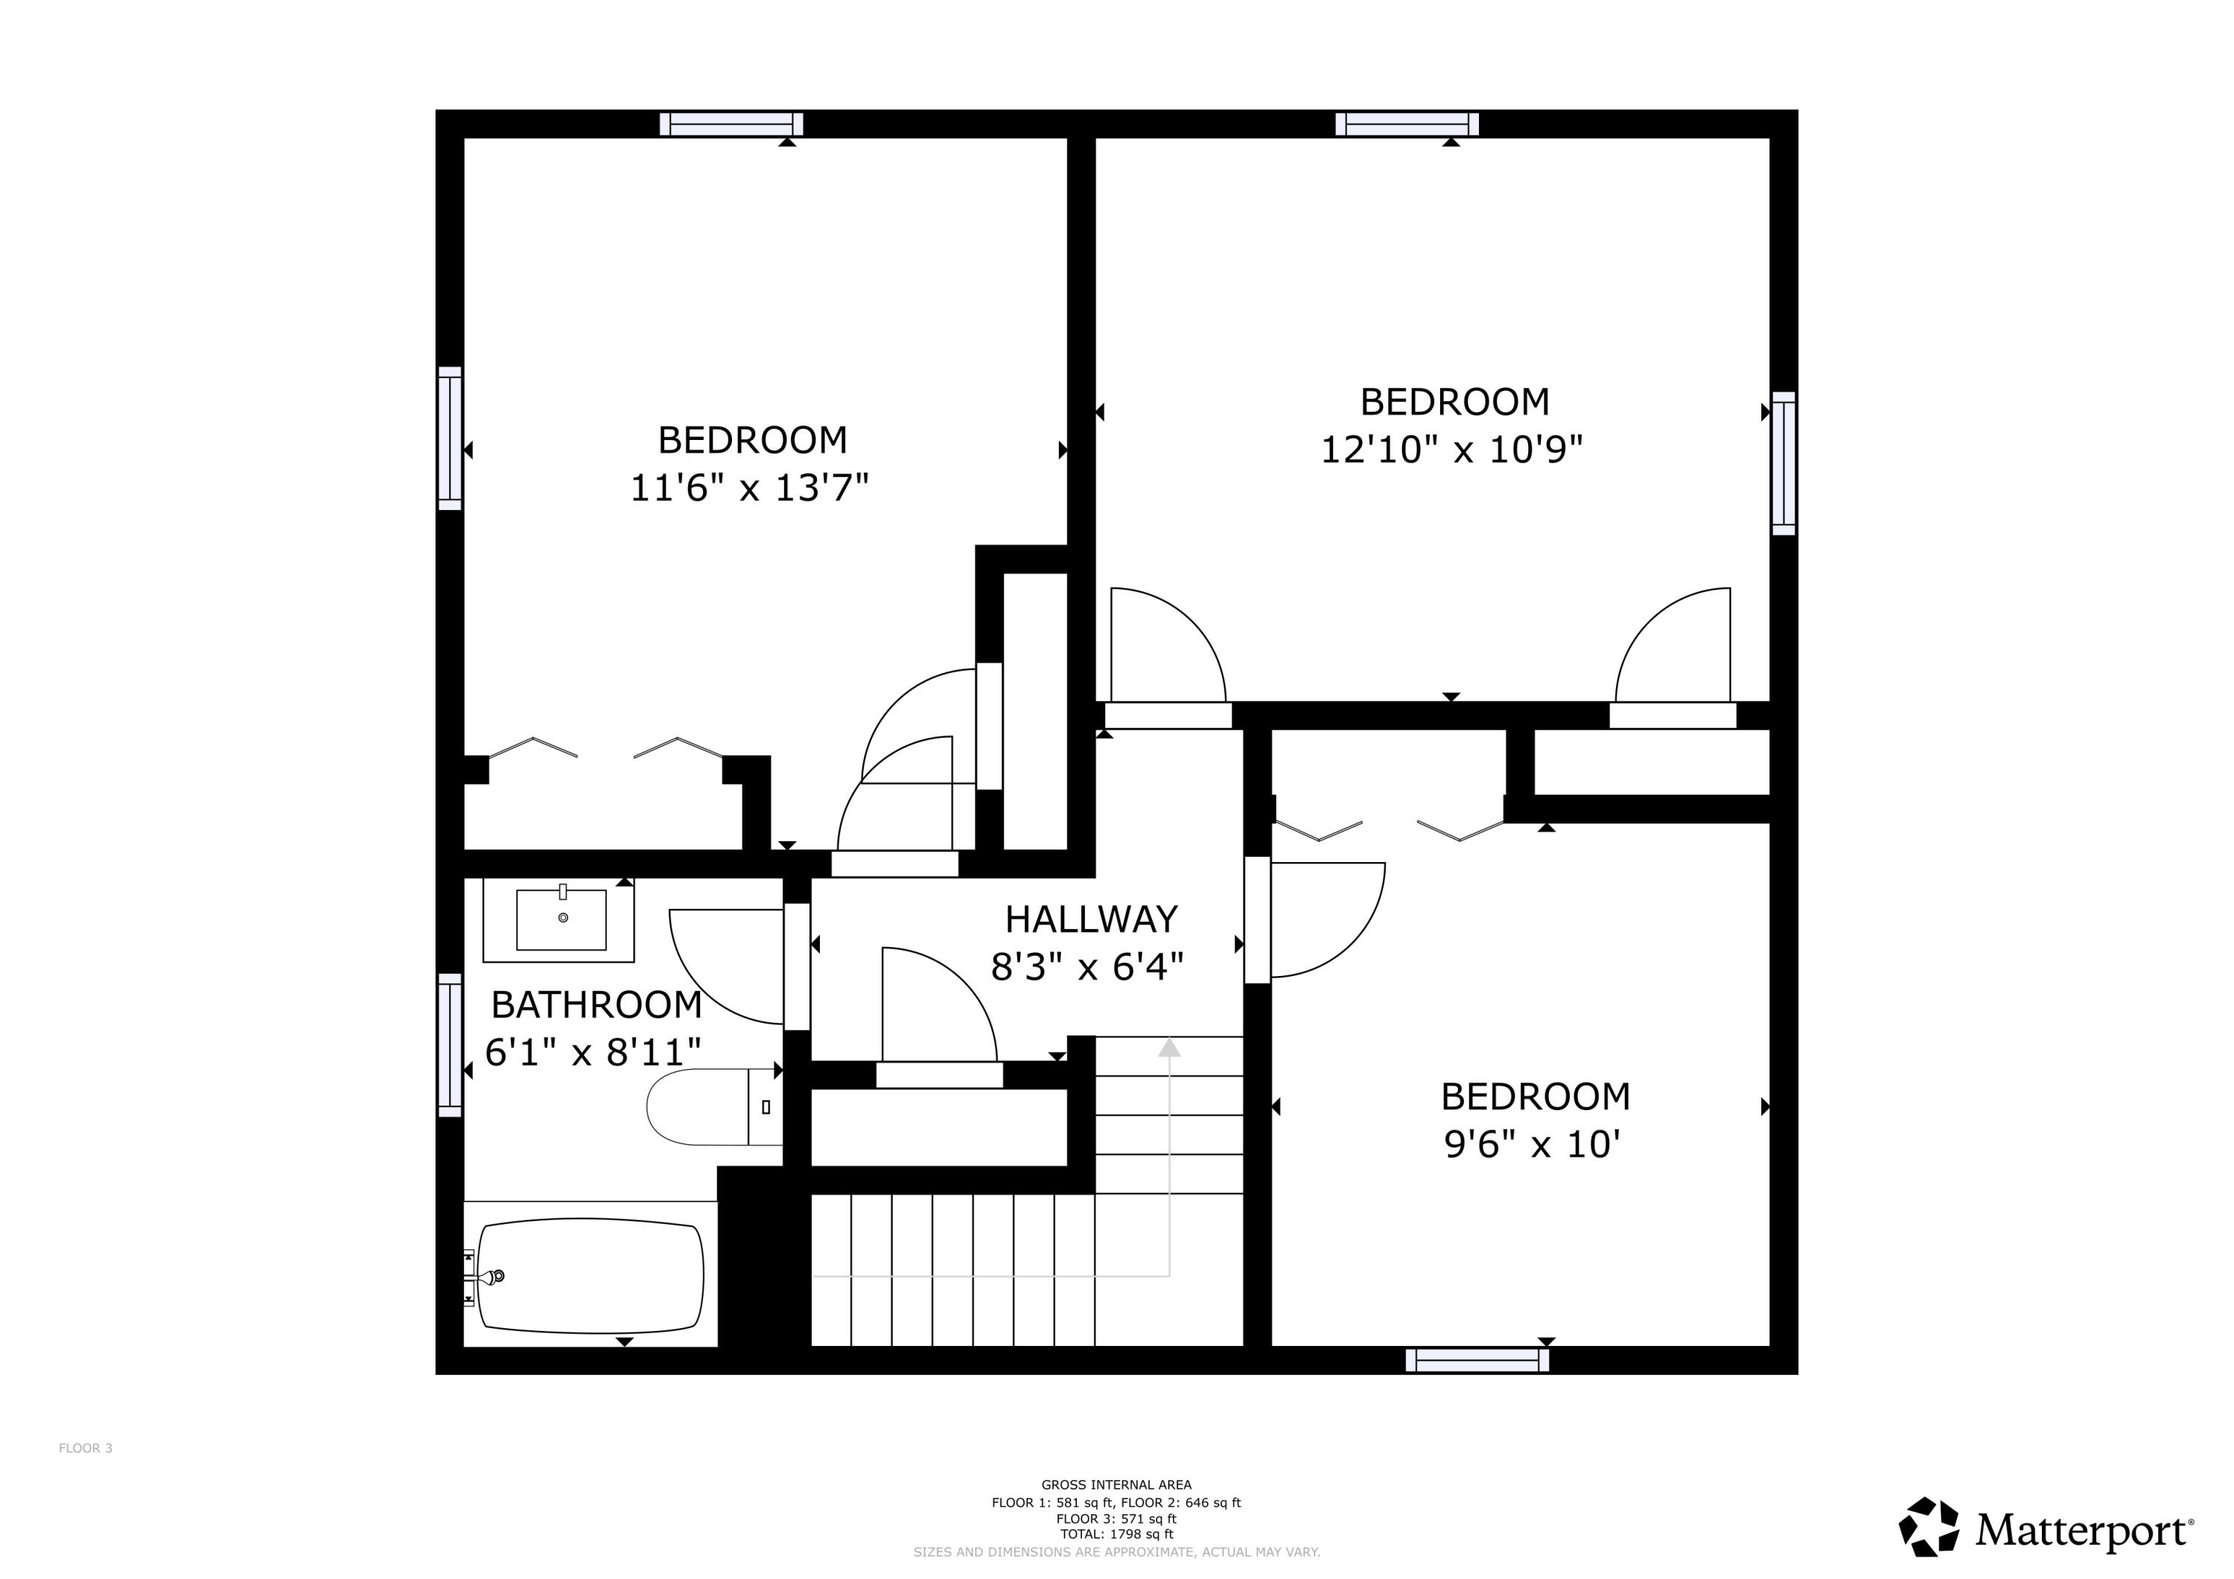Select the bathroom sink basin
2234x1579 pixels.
[x=561, y=919]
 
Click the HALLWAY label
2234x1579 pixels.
[x=1091, y=919]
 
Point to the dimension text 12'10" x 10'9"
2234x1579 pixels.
[x=1451, y=450]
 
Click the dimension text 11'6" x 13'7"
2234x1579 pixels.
[x=748, y=488]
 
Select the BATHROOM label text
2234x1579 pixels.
[x=596, y=1004]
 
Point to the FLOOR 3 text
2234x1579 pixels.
[x=86, y=1448]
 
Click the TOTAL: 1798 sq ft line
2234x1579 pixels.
[x=1116, y=1534]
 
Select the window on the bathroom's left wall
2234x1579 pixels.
[x=450, y=1045]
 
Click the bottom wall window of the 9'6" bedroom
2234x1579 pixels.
[x=1476, y=1360]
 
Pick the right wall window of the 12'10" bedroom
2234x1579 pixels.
[x=1783, y=463]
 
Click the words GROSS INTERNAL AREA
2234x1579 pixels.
[x=1116, y=1484]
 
